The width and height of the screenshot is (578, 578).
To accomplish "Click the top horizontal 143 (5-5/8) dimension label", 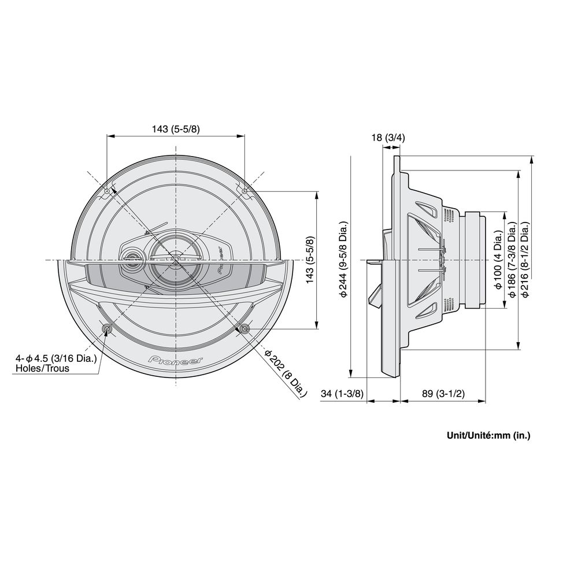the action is [x=176, y=129].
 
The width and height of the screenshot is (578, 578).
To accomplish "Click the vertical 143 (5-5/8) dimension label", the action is [x=311, y=260].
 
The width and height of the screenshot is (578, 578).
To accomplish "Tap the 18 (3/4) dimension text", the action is [x=388, y=138].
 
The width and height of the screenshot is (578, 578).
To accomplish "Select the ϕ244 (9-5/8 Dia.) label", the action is [x=343, y=259].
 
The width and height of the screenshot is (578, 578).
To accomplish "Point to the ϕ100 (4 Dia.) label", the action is [x=499, y=260].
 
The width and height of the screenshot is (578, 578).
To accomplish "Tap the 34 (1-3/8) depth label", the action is [x=342, y=394].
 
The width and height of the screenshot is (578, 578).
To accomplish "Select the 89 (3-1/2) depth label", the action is [x=443, y=394].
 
